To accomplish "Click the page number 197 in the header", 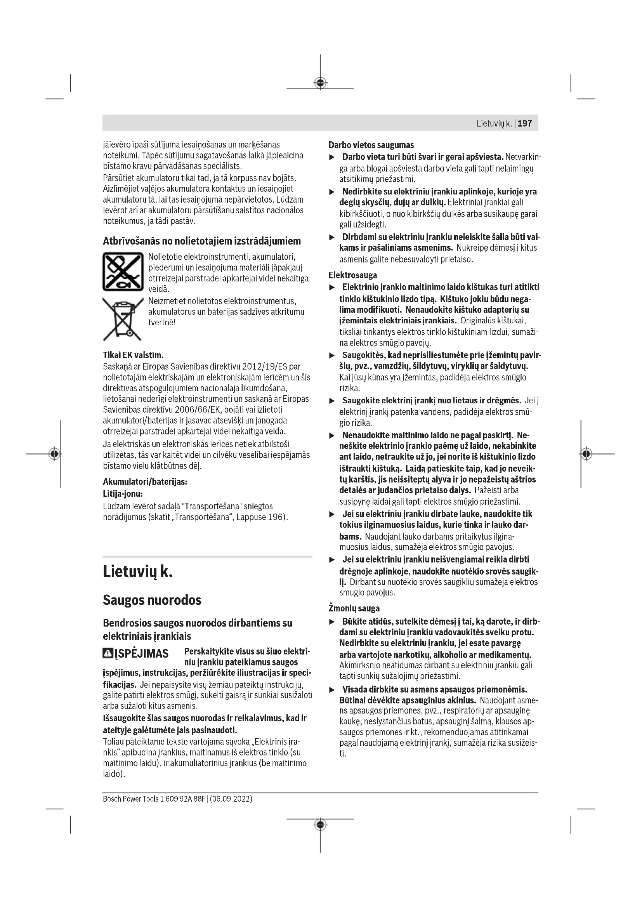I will pyautogui.click(x=525, y=123).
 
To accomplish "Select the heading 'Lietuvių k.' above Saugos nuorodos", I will pyautogui.click(x=137, y=572).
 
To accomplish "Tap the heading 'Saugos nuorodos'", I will pyautogui.click(x=152, y=600).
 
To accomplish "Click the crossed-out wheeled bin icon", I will pyautogui.click(x=123, y=319).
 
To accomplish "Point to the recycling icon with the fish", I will pyautogui.click(x=123, y=272).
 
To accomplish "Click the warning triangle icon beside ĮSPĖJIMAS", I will pyautogui.click(x=108, y=653).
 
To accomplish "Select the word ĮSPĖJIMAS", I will pyautogui.click(x=142, y=654).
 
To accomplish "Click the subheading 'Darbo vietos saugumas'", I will pyautogui.click(x=371, y=145).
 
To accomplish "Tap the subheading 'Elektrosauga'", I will pyautogui.click(x=352, y=275).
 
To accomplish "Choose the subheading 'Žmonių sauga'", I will pyautogui.click(x=354, y=608).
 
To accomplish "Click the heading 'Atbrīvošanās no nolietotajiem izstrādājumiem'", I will pyautogui.click(x=201, y=241).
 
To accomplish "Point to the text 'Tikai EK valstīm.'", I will pyautogui.click(x=133, y=355).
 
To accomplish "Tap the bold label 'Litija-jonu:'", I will pyautogui.click(x=123, y=494).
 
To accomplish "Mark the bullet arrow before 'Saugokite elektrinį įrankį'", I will pyautogui.click(x=332, y=401).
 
